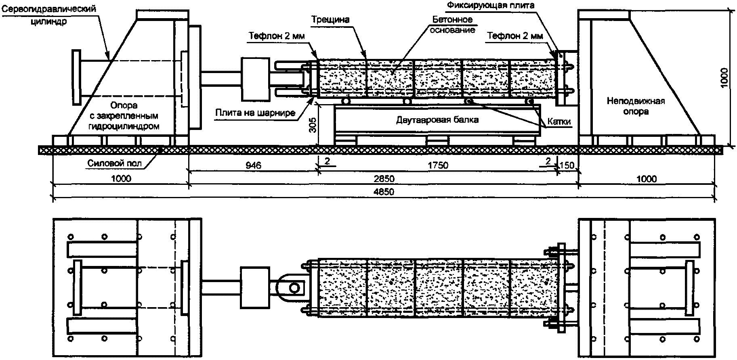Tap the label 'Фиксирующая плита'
pyautogui.click(x=491, y=6)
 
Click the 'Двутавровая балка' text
pyautogui.click(x=437, y=119)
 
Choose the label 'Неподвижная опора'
pyautogui.click(x=635, y=107)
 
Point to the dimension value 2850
pyautogui.click(x=384, y=178)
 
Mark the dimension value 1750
pyautogui.click(x=438, y=165)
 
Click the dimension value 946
pyautogui.click(x=254, y=165)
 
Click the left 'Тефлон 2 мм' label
pyautogui.click(x=277, y=36)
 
